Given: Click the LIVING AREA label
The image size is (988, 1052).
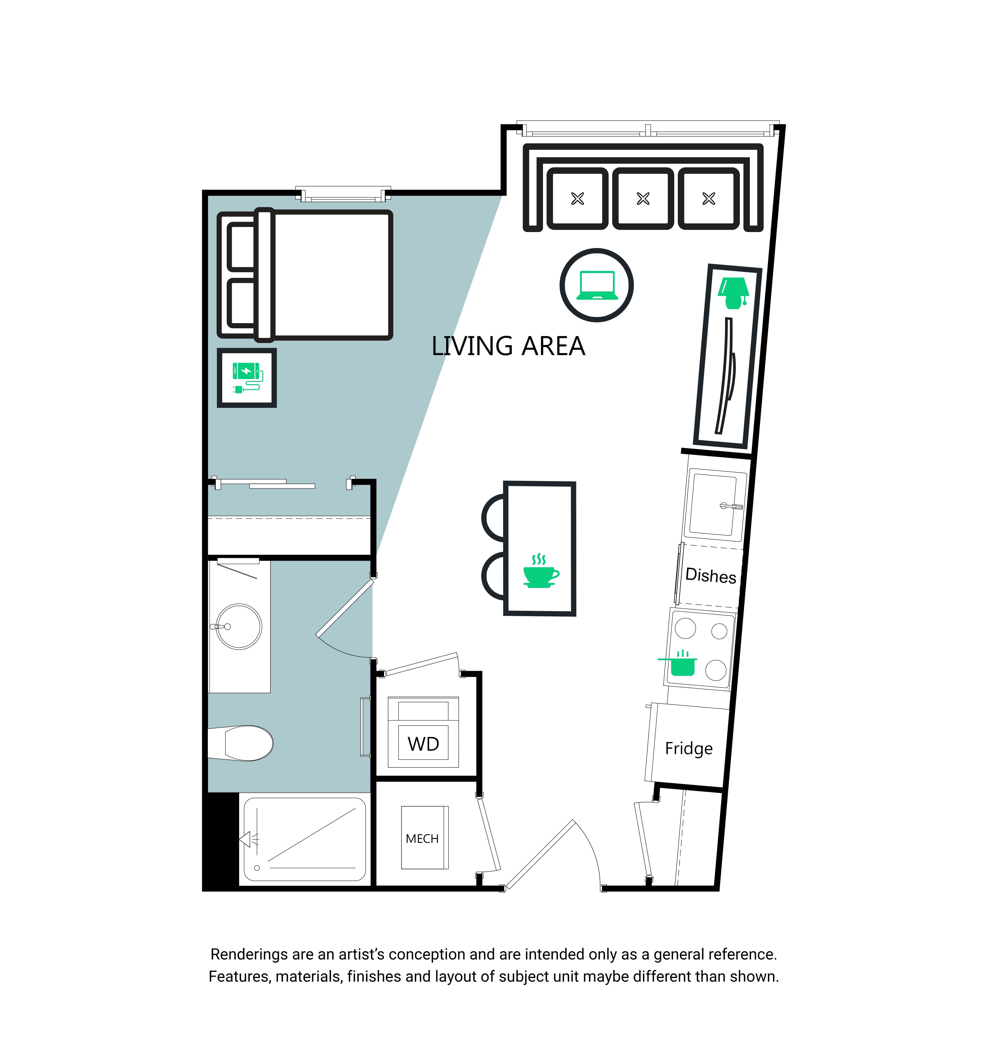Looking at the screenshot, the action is click(x=508, y=346).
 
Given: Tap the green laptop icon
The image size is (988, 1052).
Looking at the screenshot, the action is click(x=597, y=285).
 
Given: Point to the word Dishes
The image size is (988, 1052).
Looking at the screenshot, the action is click(x=711, y=575).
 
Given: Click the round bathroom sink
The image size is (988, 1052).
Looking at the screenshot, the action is click(x=239, y=627).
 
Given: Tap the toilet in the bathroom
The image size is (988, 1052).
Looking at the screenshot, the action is click(x=241, y=743).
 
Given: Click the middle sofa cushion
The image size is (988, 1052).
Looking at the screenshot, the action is click(x=643, y=198).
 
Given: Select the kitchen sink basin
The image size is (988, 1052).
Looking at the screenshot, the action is click(x=714, y=505).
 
